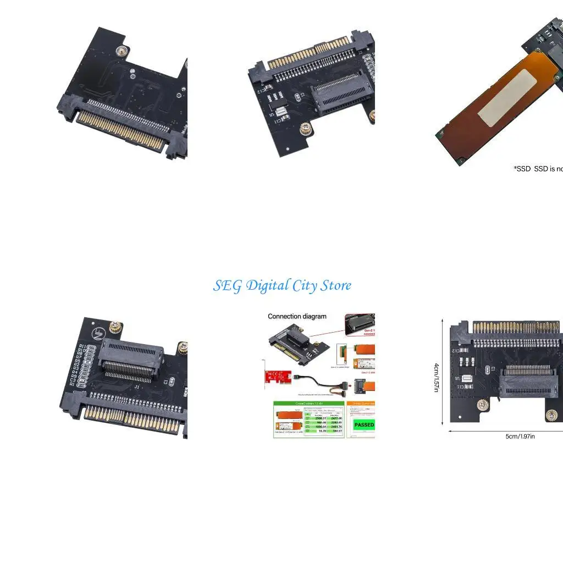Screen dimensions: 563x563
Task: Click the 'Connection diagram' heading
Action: point(297,316)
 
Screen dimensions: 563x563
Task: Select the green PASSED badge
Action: point(364,424)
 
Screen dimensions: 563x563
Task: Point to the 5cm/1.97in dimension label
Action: point(520,437)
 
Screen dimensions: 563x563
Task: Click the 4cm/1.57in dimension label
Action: point(437,377)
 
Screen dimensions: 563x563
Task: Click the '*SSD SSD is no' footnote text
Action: point(538,169)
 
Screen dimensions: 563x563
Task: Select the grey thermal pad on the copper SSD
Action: point(506,100)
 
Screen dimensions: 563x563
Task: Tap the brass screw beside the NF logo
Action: point(117,328)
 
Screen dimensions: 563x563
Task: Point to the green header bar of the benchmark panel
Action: point(308,404)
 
